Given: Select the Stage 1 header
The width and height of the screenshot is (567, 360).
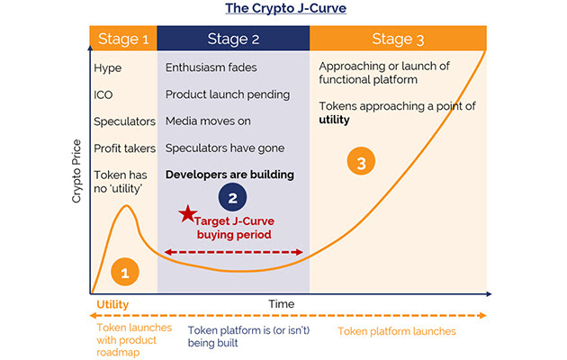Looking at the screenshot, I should click(x=123, y=38).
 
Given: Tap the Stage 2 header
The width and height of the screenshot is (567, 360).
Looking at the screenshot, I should click(x=233, y=38).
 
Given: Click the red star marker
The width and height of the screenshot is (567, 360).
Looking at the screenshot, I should click(x=186, y=214).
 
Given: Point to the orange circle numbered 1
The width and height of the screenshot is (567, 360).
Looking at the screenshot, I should click(x=126, y=271).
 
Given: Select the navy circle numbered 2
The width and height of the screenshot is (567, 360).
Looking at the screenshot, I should click(x=232, y=197).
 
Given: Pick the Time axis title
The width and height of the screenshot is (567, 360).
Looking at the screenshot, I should click(x=281, y=304).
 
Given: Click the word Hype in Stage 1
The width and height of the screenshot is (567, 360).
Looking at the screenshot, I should click(x=108, y=67).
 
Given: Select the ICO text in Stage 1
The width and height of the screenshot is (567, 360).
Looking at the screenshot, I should click(x=104, y=94).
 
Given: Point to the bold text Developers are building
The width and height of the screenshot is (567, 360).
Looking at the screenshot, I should click(x=229, y=174).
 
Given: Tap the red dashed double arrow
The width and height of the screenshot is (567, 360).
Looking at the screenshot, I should click(x=233, y=252).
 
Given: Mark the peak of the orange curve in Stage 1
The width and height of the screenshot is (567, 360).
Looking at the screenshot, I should click(x=127, y=207).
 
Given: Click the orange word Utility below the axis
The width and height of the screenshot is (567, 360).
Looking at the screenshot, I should click(x=113, y=305).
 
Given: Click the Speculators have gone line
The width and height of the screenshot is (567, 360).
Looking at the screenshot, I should click(x=225, y=148).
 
